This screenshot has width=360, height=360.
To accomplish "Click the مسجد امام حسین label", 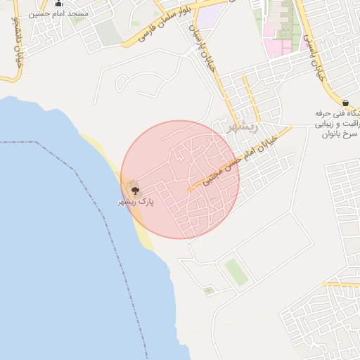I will [49, 14].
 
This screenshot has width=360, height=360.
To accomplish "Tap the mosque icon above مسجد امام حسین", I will [58, 3].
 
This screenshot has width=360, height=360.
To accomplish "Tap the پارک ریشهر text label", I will [136, 202].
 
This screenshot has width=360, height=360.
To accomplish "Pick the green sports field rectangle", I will [236, 271].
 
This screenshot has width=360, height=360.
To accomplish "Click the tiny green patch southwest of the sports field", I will [209, 290].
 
